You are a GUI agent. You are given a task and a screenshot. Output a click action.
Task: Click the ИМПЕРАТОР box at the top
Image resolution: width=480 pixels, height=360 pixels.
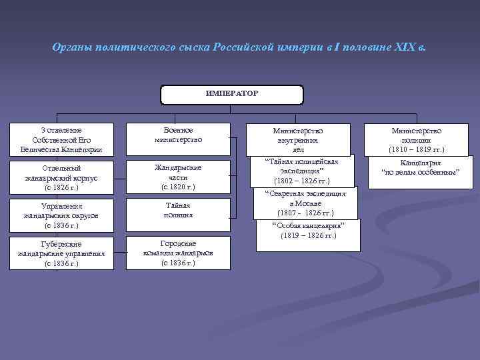coord(232,95)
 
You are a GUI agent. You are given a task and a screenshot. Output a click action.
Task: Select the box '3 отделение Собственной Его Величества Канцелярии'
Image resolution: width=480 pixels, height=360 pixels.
coord(62,140)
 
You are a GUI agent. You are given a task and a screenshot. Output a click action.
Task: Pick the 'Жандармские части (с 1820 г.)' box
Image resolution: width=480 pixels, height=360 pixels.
coord(178,177)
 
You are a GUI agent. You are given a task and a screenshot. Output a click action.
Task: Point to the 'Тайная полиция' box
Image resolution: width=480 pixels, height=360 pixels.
coord(178,211)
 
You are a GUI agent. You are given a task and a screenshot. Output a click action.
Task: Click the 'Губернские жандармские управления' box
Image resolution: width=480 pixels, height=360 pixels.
coord(62,253)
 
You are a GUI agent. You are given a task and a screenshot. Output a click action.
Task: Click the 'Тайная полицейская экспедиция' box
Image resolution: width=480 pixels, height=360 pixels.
coord(302,171)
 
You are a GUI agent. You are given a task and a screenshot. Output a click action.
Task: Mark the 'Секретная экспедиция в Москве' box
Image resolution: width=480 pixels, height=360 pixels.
coord(305,203)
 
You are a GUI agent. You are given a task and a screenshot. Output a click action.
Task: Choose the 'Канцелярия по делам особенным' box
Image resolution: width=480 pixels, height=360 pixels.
coord(420,167)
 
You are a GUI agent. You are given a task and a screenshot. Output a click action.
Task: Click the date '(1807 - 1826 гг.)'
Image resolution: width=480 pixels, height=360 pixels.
coord(305,213)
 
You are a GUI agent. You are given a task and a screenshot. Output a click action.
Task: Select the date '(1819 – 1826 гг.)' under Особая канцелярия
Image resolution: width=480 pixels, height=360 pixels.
coord(308,235)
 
